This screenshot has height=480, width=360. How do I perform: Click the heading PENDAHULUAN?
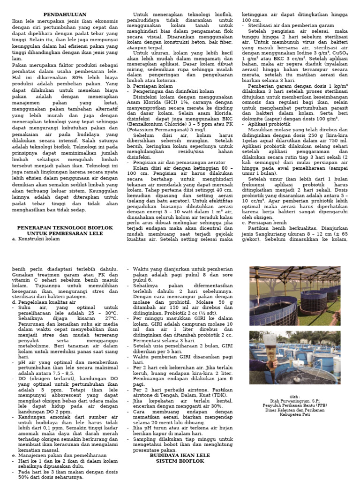point(63,15)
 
